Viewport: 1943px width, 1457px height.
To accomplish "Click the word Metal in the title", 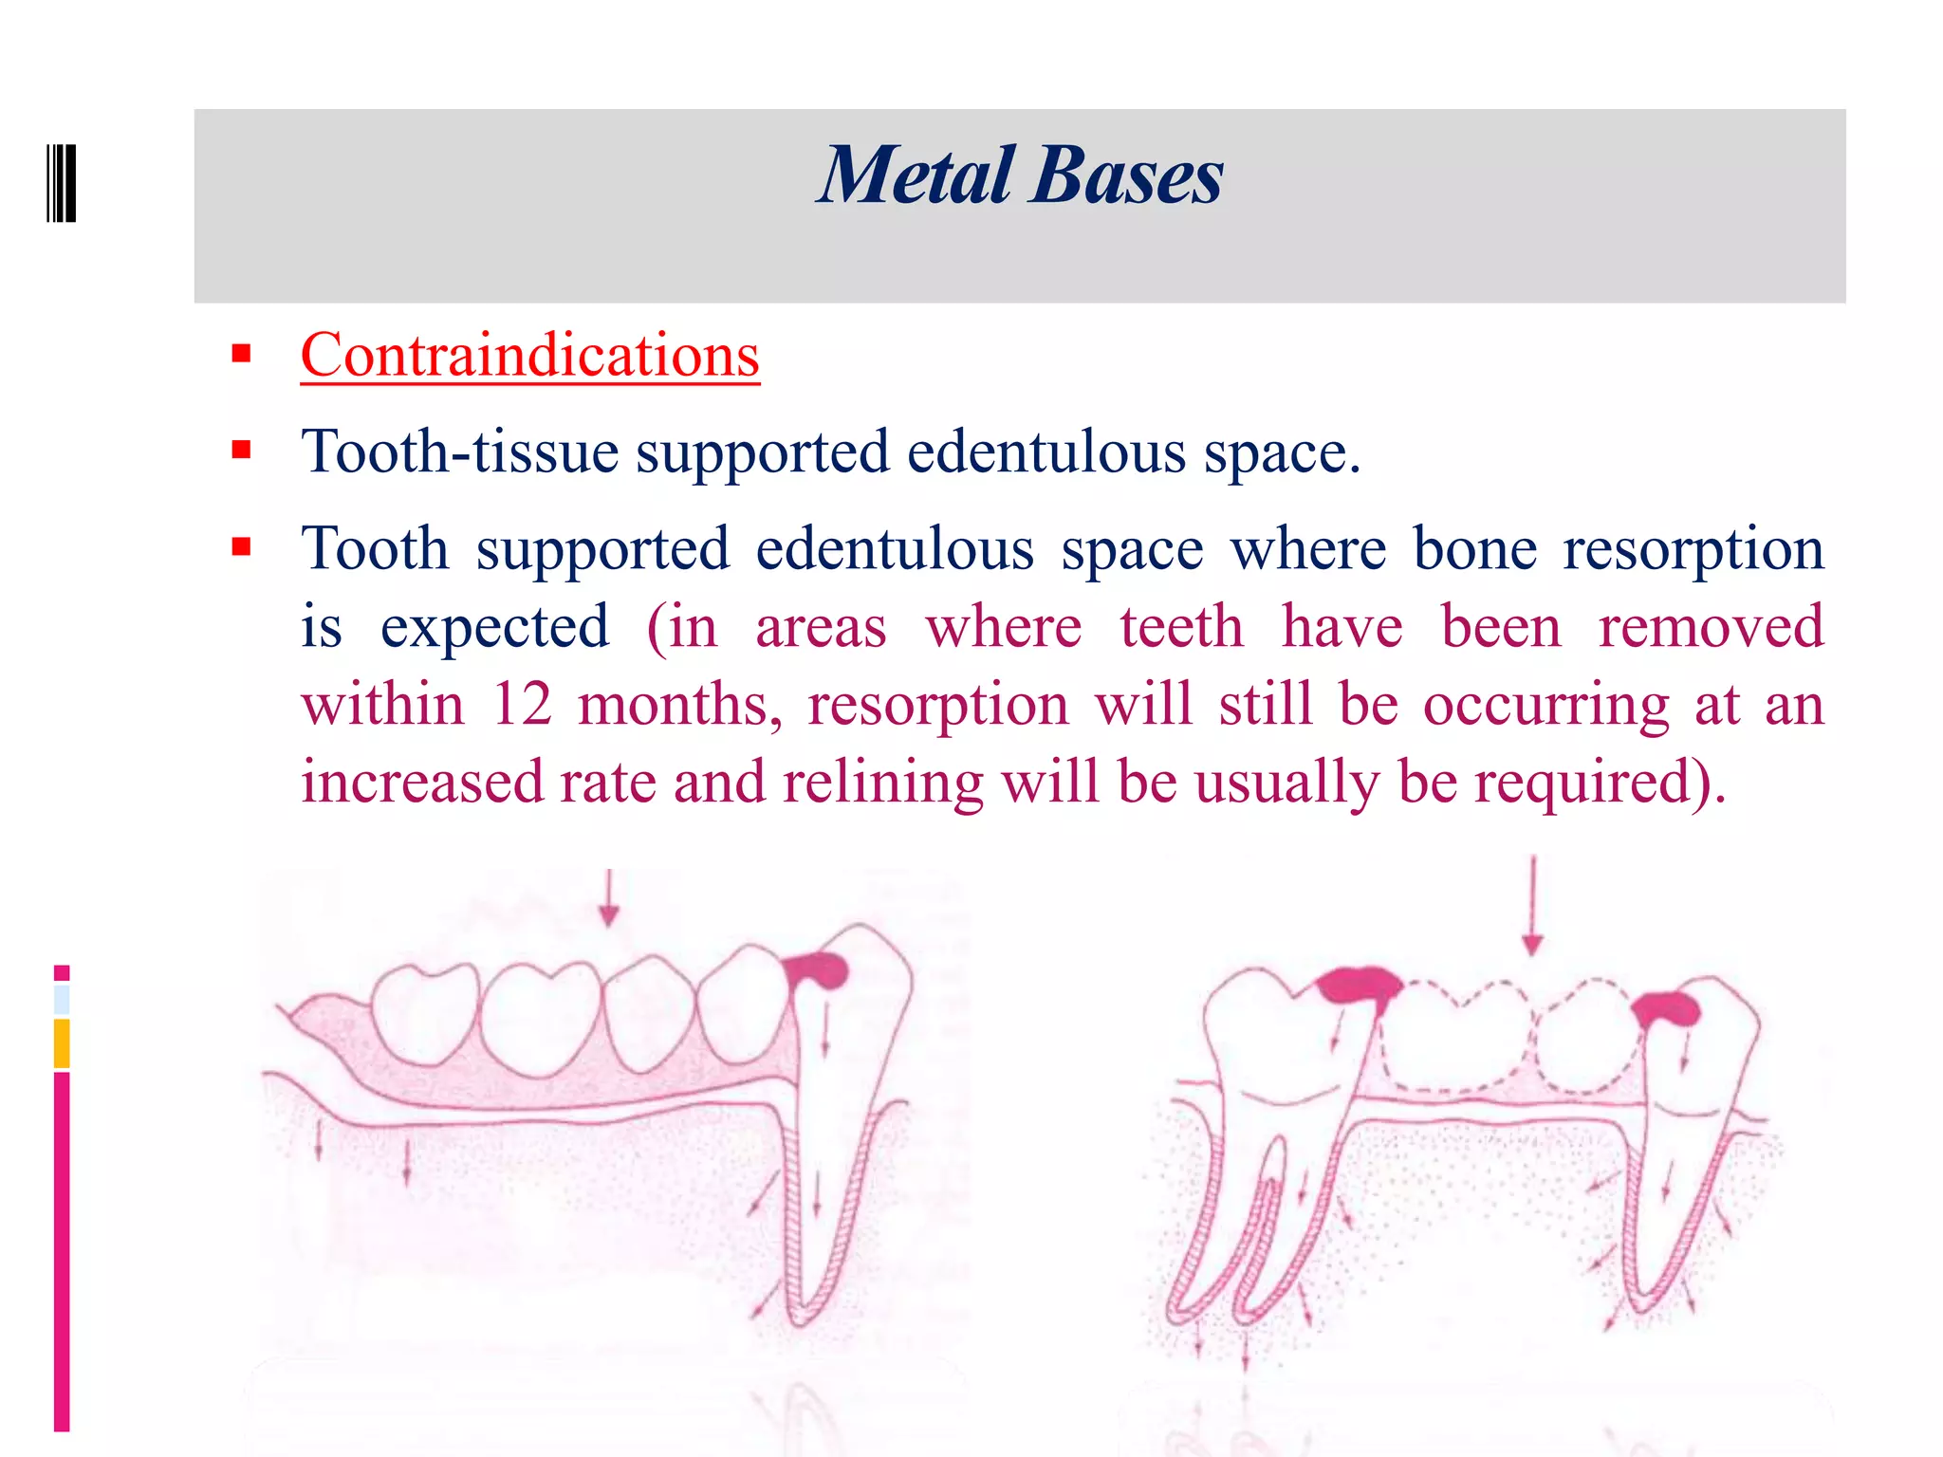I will click(x=916, y=176).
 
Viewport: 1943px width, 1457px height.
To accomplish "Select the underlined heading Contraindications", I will click(x=529, y=356).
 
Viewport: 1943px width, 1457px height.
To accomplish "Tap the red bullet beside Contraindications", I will click(x=241, y=355).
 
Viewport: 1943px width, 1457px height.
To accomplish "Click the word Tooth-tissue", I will click(x=459, y=452).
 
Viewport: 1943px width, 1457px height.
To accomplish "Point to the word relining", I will click(x=882, y=783).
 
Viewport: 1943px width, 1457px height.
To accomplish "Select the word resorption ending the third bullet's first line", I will click(x=1693, y=549).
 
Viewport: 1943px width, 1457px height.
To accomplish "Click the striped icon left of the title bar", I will click(x=62, y=183).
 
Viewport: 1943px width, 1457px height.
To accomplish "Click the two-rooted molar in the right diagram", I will click(x=1262, y=1119).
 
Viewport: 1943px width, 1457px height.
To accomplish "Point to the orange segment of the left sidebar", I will click(x=62, y=1042).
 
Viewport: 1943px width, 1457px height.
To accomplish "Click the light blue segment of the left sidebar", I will click(x=62, y=1000).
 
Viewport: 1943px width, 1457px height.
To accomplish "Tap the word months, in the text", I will click(x=679, y=705).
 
